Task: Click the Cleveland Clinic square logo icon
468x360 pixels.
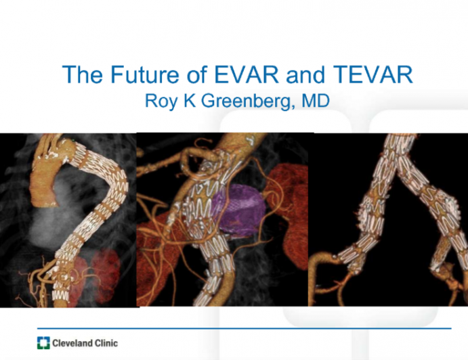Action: click(43, 342)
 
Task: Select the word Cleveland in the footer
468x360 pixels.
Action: click(70, 343)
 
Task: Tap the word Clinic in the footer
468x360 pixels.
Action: click(104, 343)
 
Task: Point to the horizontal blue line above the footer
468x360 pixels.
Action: click(271, 328)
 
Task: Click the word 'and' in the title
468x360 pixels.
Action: click(296, 75)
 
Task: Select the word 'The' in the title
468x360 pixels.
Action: click(79, 75)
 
